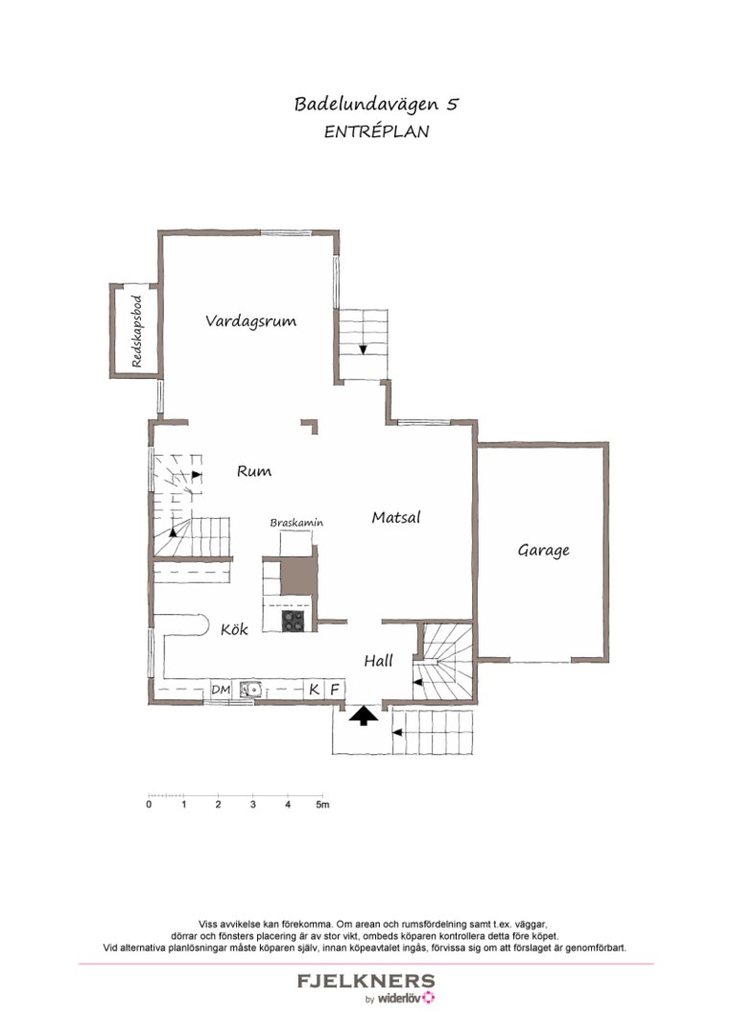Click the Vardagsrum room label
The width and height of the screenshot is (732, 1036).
point(250,321)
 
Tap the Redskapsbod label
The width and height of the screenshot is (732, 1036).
point(136,332)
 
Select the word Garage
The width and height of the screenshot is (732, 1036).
point(544,551)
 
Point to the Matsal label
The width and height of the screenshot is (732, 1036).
point(396,517)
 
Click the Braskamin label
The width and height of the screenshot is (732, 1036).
point(296,523)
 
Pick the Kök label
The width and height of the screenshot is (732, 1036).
point(234,629)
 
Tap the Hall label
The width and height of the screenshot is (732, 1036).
point(378,661)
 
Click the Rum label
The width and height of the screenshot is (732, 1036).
point(254,471)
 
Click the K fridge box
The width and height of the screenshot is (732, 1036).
point(314,689)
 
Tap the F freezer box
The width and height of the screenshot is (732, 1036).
point(335,689)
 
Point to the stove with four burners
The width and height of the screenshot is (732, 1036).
point(294,621)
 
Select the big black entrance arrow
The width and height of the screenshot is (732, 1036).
point(363,715)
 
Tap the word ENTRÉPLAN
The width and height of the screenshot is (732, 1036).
point(375,132)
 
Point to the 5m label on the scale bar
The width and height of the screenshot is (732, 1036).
point(323,805)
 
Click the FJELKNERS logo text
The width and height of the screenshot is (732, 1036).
point(366,981)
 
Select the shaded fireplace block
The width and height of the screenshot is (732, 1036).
point(296,574)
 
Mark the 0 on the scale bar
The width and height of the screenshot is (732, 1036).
point(149,805)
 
